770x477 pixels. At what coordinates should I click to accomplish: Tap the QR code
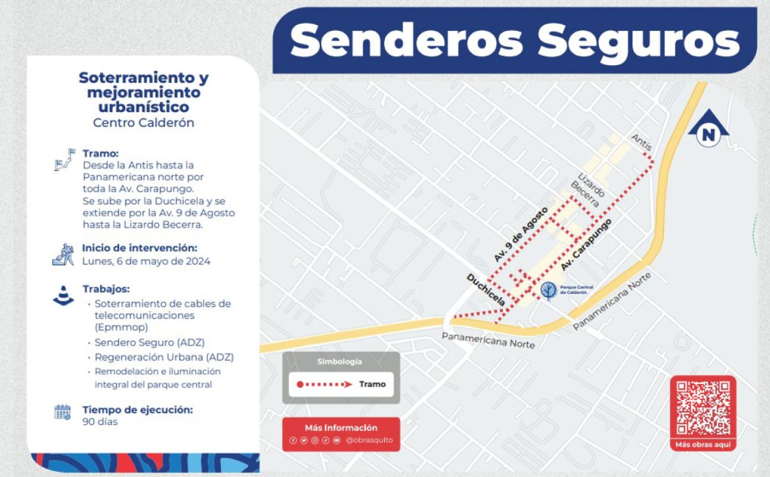point(703,408)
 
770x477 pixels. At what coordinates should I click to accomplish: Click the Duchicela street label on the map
point(485,290)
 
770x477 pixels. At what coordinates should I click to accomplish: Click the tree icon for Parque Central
point(548,290)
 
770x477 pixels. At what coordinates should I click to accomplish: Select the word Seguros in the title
point(638,41)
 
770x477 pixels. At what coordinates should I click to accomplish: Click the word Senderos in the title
point(406,41)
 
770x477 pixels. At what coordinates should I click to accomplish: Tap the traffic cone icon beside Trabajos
point(64,295)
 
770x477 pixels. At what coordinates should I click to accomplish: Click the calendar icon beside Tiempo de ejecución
point(63,413)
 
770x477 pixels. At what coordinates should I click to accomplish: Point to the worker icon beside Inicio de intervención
point(63,255)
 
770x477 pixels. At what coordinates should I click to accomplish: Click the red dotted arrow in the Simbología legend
point(323,384)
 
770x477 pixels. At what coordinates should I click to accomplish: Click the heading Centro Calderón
point(143,122)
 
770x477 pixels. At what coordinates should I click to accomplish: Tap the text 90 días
point(100,421)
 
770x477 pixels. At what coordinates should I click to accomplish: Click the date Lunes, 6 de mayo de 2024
point(146,261)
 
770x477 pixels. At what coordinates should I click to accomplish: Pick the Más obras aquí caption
point(703,445)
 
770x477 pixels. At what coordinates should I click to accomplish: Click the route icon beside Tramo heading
point(63,161)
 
